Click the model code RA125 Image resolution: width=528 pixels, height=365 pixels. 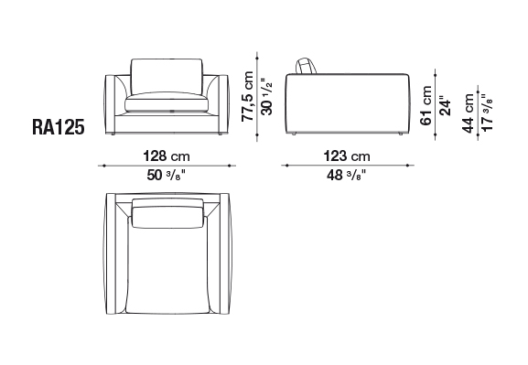[x=58, y=127]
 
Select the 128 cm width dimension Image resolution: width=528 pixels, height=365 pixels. [x=167, y=156]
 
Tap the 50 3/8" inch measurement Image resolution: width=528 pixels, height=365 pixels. [x=166, y=175]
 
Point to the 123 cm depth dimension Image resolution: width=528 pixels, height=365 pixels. [x=347, y=156]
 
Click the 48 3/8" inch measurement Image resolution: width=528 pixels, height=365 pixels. [x=346, y=175]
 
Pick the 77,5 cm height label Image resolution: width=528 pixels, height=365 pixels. [x=247, y=96]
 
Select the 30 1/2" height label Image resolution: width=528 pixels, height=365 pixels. [x=266, y=97]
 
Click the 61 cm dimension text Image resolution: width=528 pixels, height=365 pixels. [x=426, y=105]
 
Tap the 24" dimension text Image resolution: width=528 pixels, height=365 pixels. [x=445, y=107]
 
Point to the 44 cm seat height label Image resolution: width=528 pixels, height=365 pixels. [x=468, y=113]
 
